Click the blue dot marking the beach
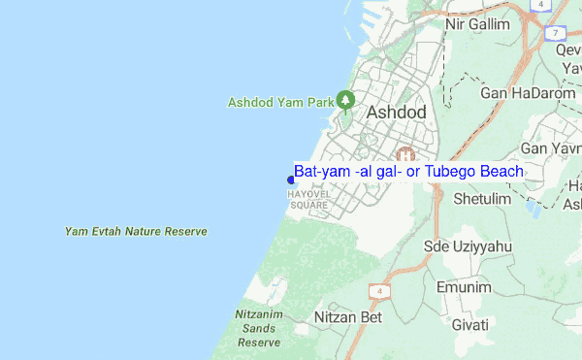pyautogui.click(x=291, y=179)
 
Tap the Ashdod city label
pyautogui.click(x=396, y=113)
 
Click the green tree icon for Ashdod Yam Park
pyautogui.click(x=344, y=100)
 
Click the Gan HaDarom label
pyautogui.click(x=522, y=94)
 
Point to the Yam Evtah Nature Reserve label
pyautogui.click(x=136, y=232)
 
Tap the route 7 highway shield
pyautogui.click(x=556, y=33)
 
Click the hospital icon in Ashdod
pyautogui.click(x=405, y=155)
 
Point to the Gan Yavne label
pyautogui.click(x=550, y=148)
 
